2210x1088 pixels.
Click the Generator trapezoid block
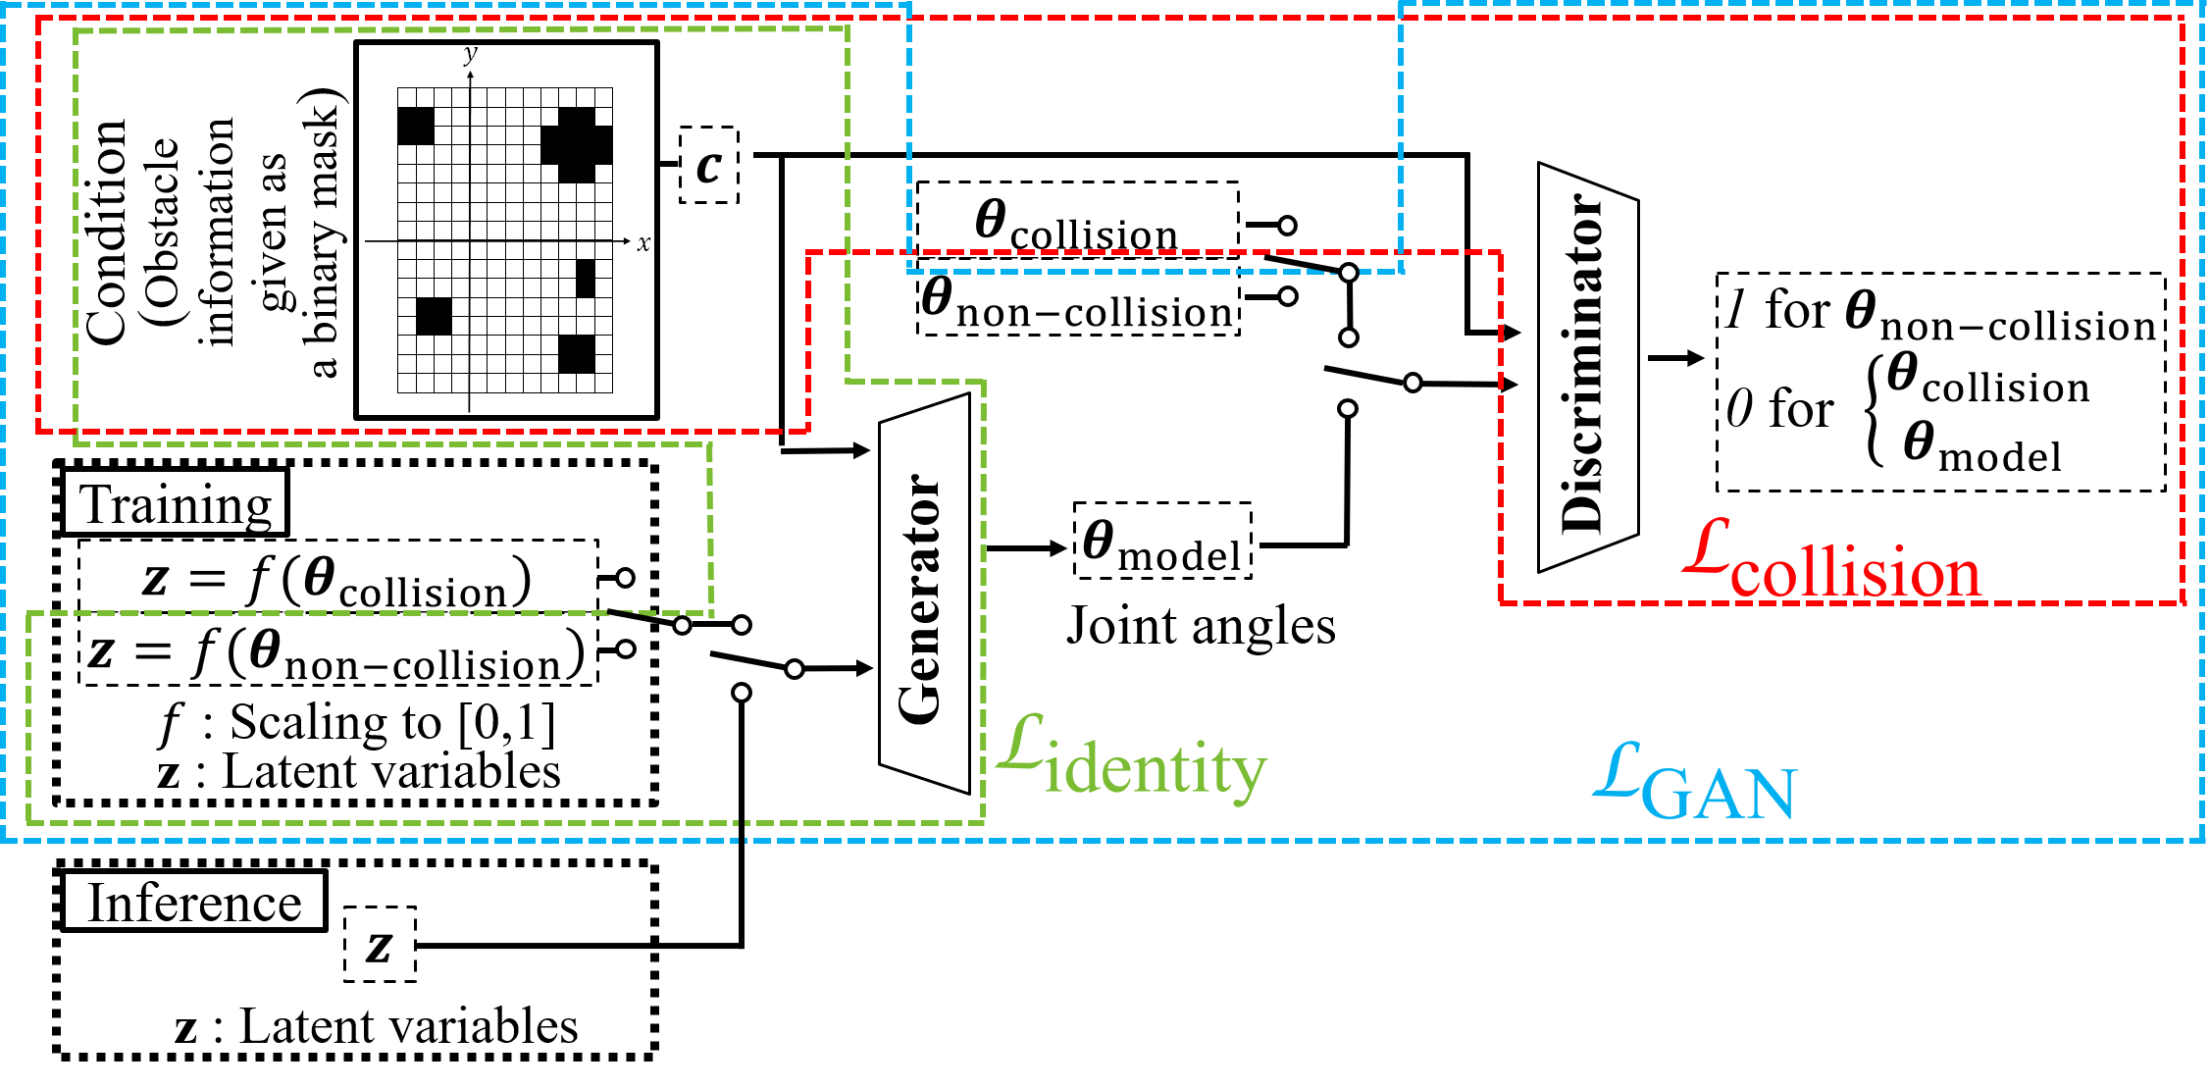tap(924, 594)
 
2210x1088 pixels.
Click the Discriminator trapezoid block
tap(1586, 368)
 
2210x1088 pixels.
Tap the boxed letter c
tap(708, 166)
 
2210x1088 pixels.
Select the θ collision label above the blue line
tap(1077, 220)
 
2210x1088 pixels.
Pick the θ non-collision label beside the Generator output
tap(1077, 303)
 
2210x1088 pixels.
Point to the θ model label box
tap(1162, 542)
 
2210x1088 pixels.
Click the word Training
tap(175, 503)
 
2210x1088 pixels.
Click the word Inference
tap(194, 902)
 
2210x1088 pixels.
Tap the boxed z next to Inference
tap(380, 945)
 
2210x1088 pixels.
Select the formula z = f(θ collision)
tap(337, 579)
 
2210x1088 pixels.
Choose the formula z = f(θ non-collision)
tap(337, 651)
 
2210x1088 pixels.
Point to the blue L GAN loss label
tap(1695, 785)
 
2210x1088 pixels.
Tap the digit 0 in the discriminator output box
tap(1739, 408)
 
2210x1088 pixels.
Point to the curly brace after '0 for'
tap(1875, 410)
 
